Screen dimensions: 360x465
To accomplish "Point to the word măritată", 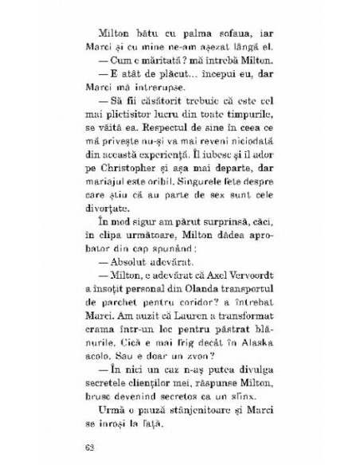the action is (169, 68).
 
